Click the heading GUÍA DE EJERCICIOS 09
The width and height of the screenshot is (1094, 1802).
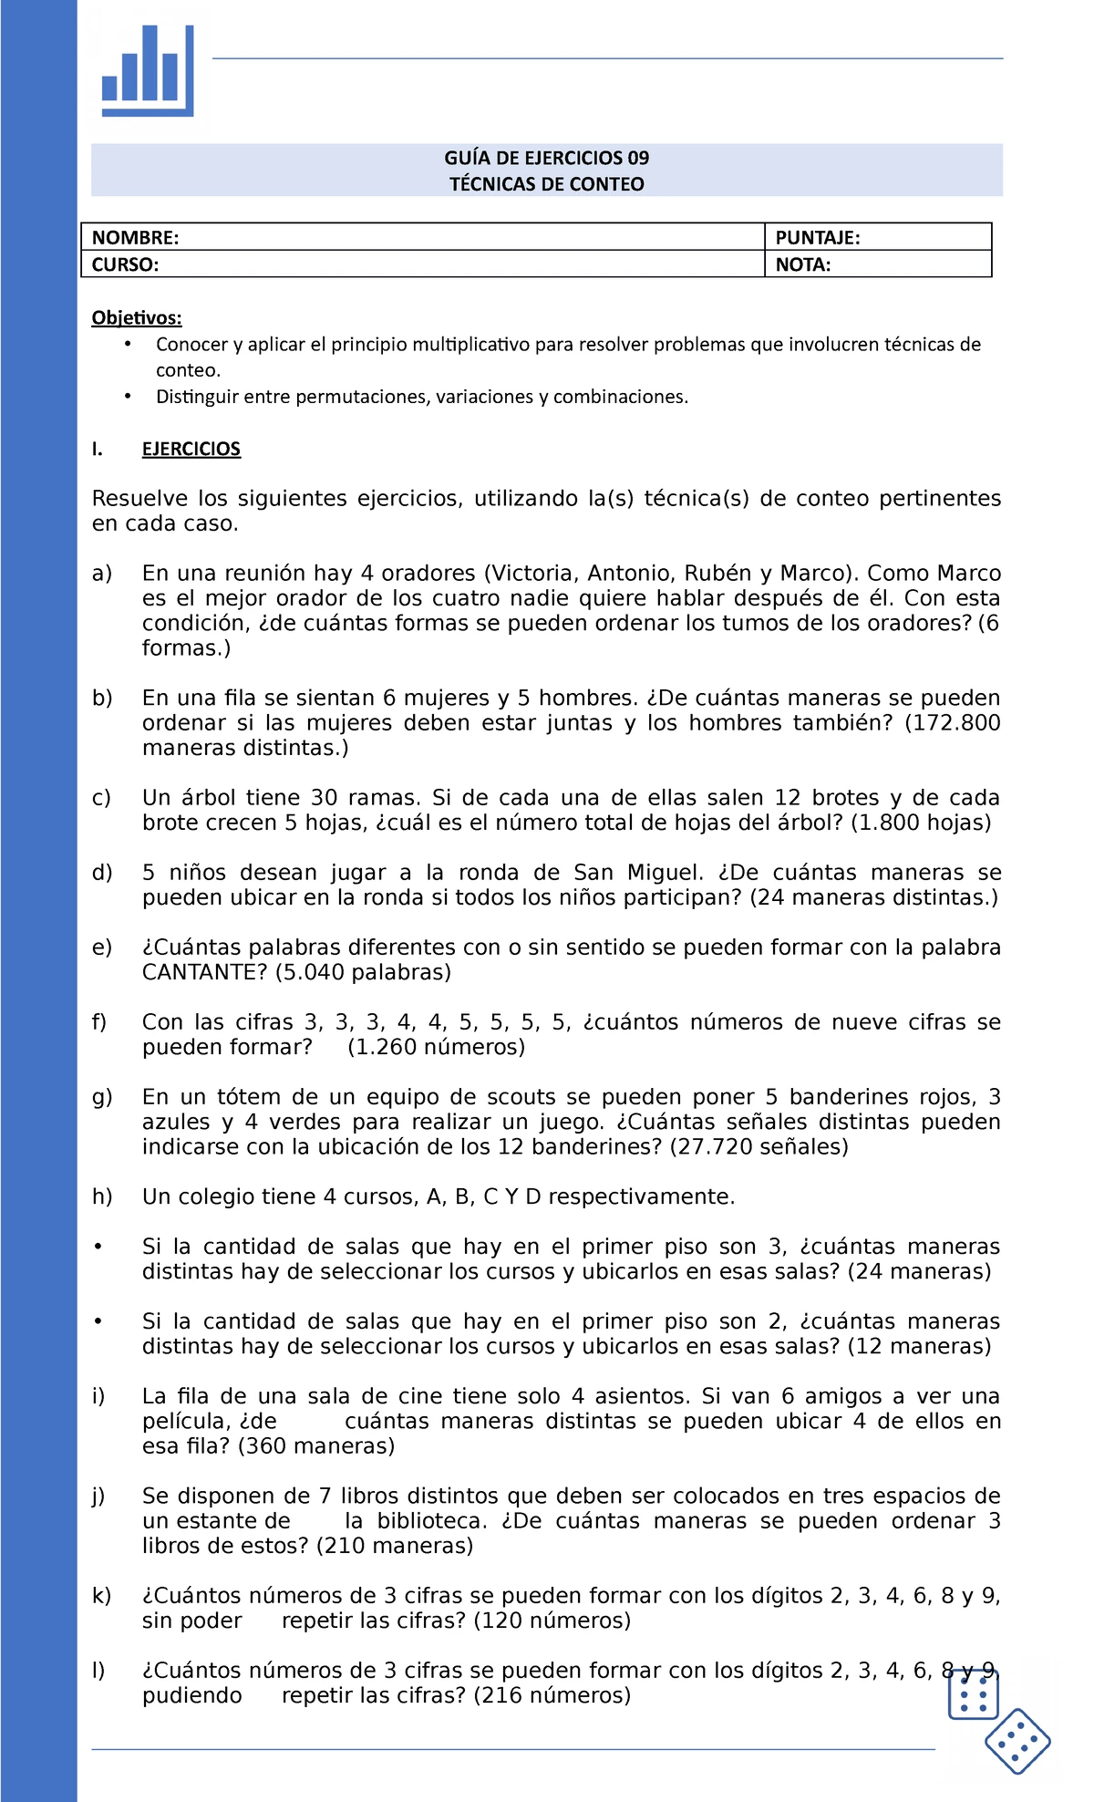coord(546,158)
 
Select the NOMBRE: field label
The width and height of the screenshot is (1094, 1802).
coord(135,238)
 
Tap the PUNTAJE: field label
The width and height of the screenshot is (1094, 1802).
coord(817,238)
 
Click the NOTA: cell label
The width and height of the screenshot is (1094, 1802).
coord(802,265)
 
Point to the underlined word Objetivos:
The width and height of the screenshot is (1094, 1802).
coord(137,317)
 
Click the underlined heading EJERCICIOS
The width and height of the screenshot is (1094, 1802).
coord(191,449)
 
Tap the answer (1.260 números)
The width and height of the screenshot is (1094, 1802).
coord(436,1047)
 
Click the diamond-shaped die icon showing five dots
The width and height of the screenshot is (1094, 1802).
coord(1017,1741)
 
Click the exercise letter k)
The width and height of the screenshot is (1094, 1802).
coord(101,1596)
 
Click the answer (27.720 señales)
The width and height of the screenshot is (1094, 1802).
coord(759,1146)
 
